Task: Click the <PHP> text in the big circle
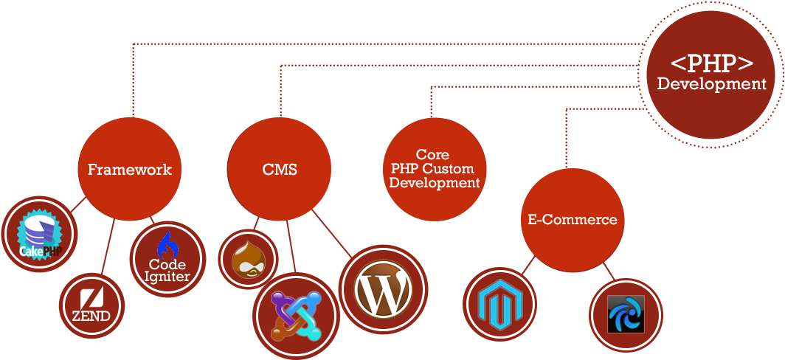point(711,64)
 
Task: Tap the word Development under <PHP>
point(711,83)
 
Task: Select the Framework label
point(130,169)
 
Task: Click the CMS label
point(280,169)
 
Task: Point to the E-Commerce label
point(573,219)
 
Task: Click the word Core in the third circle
point(432,154)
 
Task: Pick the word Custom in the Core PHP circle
point(453,168)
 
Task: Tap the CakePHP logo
point(40,235)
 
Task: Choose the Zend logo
point(91,306)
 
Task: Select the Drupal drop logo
point(249,259)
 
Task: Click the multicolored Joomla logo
point(296,316)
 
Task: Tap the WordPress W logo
point(383,289)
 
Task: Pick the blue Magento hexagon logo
point(499,305)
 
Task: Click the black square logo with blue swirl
point(626,314)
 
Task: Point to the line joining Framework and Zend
point(108,247)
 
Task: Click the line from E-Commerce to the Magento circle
point(528,265)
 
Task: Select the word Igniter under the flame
point(167,276)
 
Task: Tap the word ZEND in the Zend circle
point(91,316)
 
